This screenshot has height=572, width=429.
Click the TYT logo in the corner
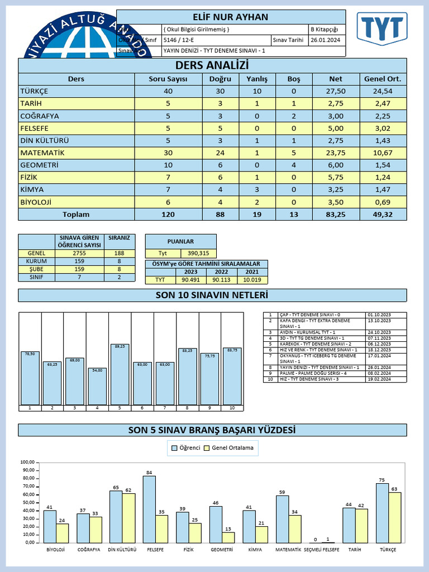383,28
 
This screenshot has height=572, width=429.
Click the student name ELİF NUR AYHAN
231,17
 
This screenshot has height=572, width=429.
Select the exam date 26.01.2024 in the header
326,40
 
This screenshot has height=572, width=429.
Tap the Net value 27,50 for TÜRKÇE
336,91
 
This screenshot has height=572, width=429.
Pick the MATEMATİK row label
42,152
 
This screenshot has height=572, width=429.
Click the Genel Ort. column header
382,79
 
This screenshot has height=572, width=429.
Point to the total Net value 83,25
336,214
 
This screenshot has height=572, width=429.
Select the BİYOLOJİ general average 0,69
382,202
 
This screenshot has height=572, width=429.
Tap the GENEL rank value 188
118,253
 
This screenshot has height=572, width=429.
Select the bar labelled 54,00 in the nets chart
97,387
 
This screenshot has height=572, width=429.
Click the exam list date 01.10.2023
378,314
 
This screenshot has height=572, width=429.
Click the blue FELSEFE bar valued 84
149,509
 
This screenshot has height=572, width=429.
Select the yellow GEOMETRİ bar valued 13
228,537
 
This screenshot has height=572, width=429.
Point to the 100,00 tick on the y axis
27,462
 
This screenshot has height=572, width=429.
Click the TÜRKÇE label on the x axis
388,550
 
